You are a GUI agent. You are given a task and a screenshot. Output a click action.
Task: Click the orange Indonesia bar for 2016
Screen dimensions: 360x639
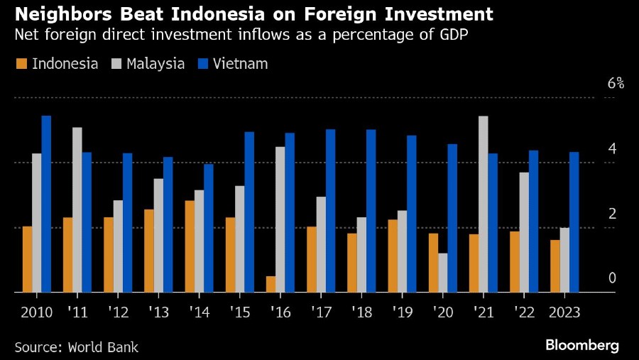(x=271, y=284)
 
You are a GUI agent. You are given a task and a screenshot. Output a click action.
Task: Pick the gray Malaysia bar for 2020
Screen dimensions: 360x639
(x=443, y=273)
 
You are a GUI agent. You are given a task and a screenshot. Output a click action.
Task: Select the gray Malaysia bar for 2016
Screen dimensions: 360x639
(x=280, y=219)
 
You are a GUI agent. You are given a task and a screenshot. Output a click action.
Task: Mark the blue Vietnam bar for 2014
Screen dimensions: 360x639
(x=209, y=228)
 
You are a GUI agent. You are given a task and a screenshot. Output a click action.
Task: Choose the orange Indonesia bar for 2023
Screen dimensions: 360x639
(x=555, y=266)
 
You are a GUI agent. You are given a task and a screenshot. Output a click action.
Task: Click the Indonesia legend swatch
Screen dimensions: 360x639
(x=21, y=65)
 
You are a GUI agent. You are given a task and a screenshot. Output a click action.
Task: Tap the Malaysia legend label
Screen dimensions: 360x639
(x=155, y=64)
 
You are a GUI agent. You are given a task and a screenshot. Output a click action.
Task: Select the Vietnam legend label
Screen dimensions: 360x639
(x=244, y=64)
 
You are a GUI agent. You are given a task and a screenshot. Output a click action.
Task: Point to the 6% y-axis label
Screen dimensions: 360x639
(x=616, y=84)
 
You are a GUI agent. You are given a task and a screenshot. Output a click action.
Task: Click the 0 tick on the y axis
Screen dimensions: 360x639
(x=611, y=278)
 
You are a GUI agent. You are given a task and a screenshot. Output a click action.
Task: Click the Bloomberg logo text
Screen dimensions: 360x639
(x=582, y=346)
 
